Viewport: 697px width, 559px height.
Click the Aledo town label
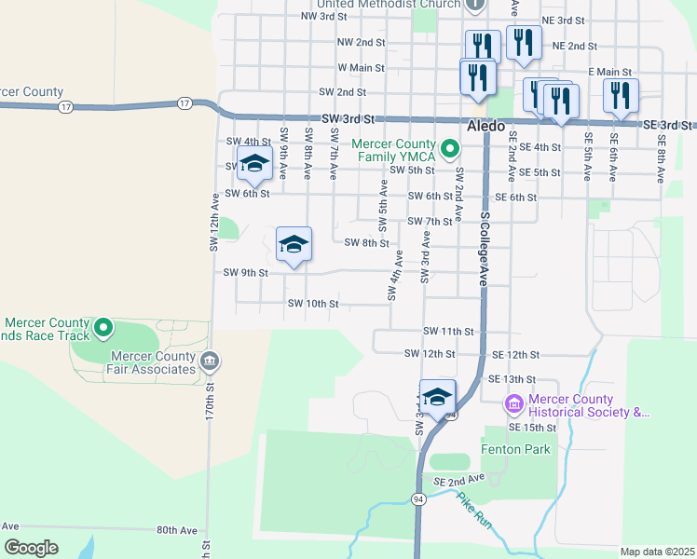tap(485, 126)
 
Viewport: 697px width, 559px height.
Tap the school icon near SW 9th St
tap(294, 244)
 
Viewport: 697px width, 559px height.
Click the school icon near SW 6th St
tap(253, 164)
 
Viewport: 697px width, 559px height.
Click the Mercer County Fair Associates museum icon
tap(210, 361)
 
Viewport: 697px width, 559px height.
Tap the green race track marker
tap(103, 329)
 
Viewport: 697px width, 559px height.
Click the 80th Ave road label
tap(177, 530)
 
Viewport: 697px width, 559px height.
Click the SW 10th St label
tap(312, 304)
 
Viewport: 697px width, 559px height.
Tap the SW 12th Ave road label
tap(213, 240)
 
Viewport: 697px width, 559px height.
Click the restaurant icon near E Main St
tap(620, 95)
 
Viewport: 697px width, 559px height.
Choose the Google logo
tap(31, 548)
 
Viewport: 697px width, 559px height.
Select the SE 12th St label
tap(515, 355)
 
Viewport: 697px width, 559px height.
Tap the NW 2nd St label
tap(362, 42)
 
